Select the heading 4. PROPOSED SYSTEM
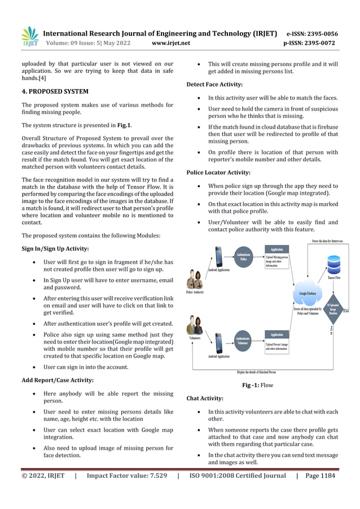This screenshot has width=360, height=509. click(55, 90)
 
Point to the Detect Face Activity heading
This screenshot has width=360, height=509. click(214, 84)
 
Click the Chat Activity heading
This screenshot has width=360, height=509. click(204, 398)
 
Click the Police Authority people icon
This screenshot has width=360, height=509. click(195, 279)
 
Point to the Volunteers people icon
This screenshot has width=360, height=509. click(195, 326)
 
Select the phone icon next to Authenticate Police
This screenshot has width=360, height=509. click(219, 257)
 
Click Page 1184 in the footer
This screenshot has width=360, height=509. click(320, 476)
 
